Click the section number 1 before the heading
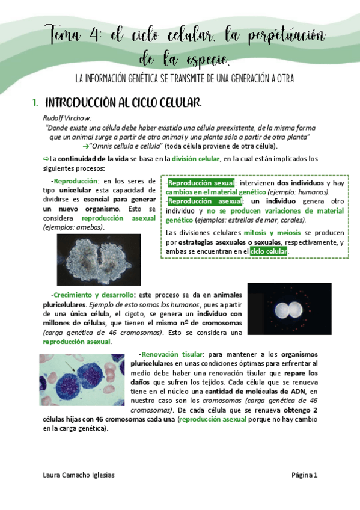coord(35,102)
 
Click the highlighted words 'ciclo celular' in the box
coord(269,251)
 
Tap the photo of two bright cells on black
coord(289,309)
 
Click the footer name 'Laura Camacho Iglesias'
coord(78,475)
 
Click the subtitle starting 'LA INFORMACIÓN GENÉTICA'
coord(180,79)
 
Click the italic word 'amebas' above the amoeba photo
coord(90,227)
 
